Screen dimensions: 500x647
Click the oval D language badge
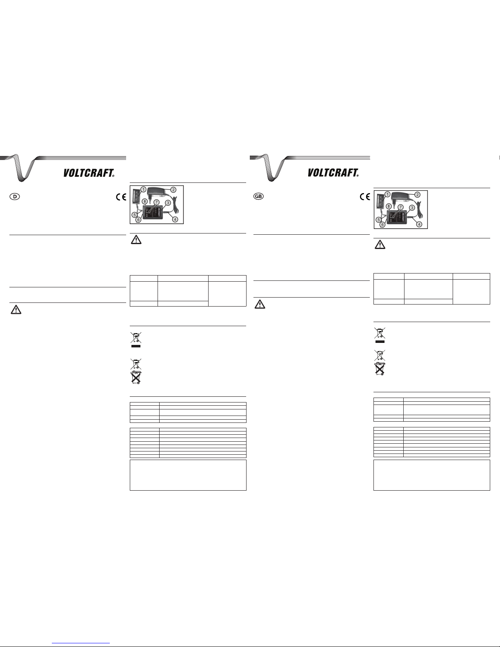pyautogui.click(x=15, y=196)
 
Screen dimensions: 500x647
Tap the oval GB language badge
pyautogui.click(x=258, y=196)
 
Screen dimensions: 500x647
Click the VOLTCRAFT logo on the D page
pyautogui.click(x=89, y=173)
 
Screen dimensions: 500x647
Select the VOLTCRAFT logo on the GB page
pyautogui.click(x=333, y=173)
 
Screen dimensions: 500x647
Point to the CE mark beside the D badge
pyautogui.click(x=121, y=197)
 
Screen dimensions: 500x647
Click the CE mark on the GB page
pyautogui.click(x=365, y=197)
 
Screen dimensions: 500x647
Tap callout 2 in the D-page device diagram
pyautogui.click(x=173, y=190)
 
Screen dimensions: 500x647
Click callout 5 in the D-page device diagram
pyautogui.click(x=135, y=215)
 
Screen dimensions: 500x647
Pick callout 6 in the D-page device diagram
pyautogui.click(x=138, y=220)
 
